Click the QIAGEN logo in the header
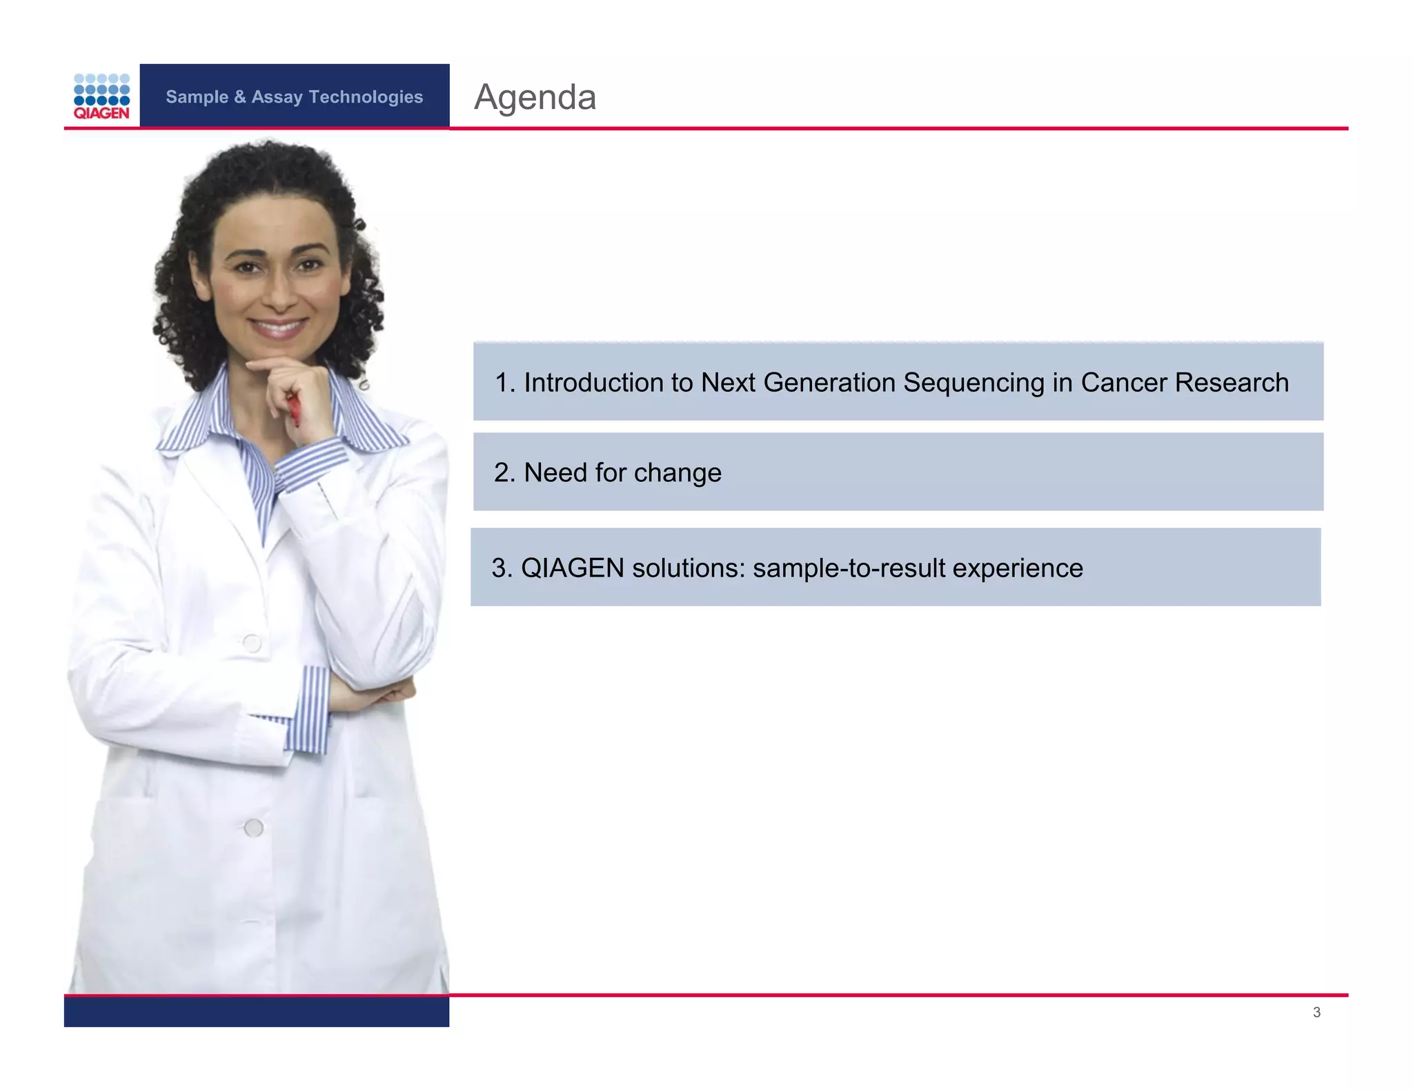click(x=101, y=97)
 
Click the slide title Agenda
click(x=535, y=97)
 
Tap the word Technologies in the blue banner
click(x=366, y=97)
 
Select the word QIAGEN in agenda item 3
click(x=572, y=568)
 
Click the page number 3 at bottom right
click(x=1316, y=1012)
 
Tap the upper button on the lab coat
click(x=252, y=643)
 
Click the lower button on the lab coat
click(x=253, y=828)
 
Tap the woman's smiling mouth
click(x=277, y=327)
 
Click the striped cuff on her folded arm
click(x=315, y=710)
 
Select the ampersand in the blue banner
click(x=239, y=97)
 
